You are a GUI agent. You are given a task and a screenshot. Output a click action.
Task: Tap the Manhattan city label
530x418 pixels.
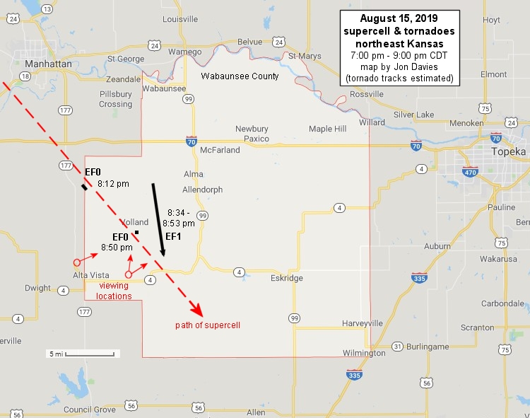[47, 64]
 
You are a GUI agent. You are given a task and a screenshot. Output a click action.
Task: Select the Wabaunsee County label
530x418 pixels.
[240, 76]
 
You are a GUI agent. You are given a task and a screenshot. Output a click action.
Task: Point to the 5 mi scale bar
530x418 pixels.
[82, 353]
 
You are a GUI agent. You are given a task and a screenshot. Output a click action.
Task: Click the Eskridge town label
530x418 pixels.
[286, 279]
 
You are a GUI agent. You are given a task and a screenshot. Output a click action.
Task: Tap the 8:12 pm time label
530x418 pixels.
[113, 184]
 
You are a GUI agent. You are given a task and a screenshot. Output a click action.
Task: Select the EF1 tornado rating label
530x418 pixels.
[174, 236]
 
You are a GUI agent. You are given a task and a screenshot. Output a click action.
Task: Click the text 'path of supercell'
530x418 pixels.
[208, 325]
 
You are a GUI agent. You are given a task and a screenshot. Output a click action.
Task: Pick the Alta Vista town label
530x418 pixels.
[90, 275]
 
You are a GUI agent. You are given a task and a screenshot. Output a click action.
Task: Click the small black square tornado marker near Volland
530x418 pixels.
[136, 233]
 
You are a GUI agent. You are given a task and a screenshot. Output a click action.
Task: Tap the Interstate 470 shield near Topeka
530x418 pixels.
[470, 170]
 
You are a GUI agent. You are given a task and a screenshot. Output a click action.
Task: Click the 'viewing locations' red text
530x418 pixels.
[114, 291]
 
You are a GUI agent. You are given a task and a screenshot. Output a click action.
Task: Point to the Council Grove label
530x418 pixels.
[89, 410]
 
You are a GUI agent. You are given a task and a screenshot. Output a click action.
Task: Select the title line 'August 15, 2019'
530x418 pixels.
[399, 18]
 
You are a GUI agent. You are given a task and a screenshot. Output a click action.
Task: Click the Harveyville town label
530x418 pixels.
[362, 323]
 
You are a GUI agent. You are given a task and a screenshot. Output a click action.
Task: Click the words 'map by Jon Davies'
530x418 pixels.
[399, 66]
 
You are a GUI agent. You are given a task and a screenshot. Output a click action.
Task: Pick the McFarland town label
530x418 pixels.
[221, 151]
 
